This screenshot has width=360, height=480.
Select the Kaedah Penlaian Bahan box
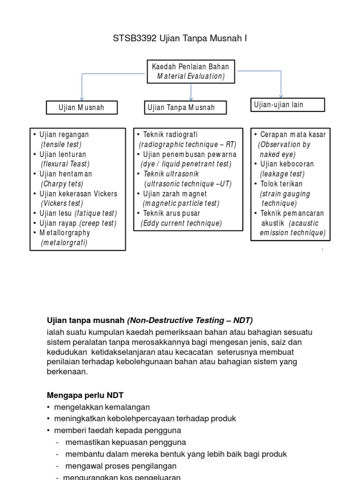(x=190, y=71)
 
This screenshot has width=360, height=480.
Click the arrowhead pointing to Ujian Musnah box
(x=82, y=98)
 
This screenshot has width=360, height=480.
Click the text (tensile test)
(x=61, y=144)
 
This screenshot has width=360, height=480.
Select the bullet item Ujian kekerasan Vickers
(x=78, y=194)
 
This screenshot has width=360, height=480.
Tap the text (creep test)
(x=98, y=223)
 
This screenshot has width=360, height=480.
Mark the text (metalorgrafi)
(x=64, y=243)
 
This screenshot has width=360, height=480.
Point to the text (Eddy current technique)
(x=181, y=223)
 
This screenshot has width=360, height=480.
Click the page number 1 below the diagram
(x=322, y=250)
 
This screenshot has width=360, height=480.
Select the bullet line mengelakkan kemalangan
(x=102, y=407)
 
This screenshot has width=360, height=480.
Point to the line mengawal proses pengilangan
(x=121, y=466)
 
